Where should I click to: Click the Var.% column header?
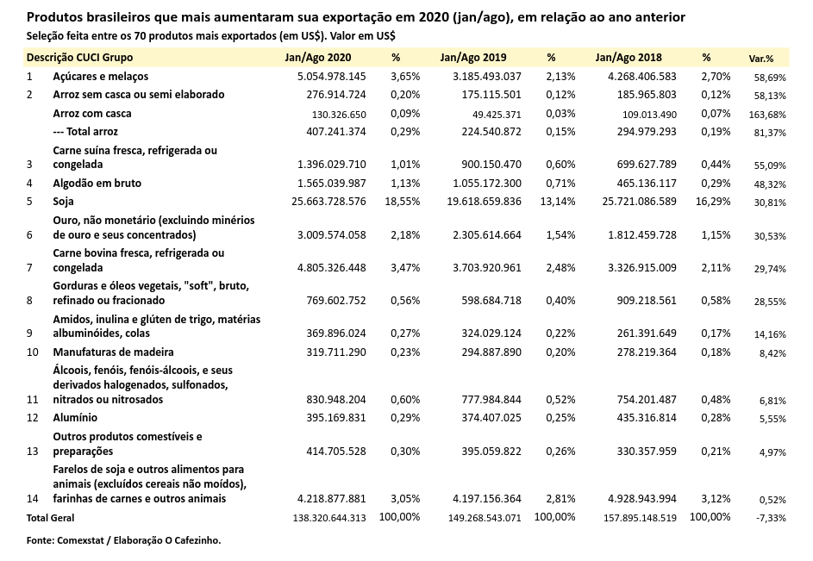pos(760,59)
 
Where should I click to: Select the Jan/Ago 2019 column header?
pos(472,58)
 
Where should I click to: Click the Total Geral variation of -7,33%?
pos(770,518)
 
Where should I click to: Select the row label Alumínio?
pos(75,418)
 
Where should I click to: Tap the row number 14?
pos(33,498)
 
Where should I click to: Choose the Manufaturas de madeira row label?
pos(113,352)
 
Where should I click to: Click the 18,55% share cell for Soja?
pos(403,201)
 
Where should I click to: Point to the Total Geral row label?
pos(50,518)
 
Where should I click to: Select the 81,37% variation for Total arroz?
pos(770,133)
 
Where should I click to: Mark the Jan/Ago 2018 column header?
pos(628,58)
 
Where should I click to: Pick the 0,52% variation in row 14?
pos(772,500)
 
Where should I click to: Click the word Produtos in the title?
pos(55,17)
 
